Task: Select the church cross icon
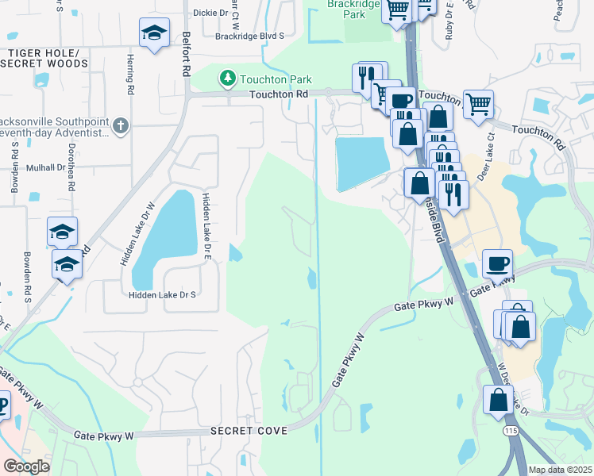click(x=120, y=125)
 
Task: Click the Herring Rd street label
click(x=129, y=73)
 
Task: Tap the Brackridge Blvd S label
click(x=242, y=36)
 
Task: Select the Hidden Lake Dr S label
click(x=161, y=294)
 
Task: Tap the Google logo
click(x=26, y=466)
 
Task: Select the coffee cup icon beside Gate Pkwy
click(x=497, y=263)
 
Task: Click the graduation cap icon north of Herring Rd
click(x=154, y=33)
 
